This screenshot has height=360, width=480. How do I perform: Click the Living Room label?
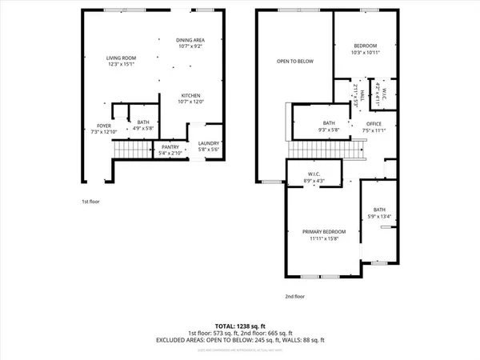pyautogui.click(x=124, y=58)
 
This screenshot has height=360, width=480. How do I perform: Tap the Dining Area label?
pyautogui.click(x=190, y=39)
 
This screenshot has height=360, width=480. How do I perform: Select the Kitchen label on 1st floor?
pyautogui.click(x=190, y=95)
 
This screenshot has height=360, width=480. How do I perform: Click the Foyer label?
pyautogui.click(x=105, y=125)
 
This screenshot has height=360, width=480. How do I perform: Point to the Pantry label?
pyautogui.click(x=170, y=146)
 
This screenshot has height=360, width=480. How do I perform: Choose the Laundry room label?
pyautogui.click(x=208, y=145)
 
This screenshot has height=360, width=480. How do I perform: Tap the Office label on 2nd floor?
pyautogui.click(x=374, y=123)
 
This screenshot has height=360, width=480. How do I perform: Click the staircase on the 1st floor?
pyautogui.click(x=132, y=149)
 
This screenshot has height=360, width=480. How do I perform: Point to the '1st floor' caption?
pyautogui.click(x=90, y=202)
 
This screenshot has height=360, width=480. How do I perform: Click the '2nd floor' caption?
pyautogui.click(x=295, y=296)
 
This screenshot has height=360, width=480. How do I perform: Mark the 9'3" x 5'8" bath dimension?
pyautogui.click(x=310, y=129)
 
